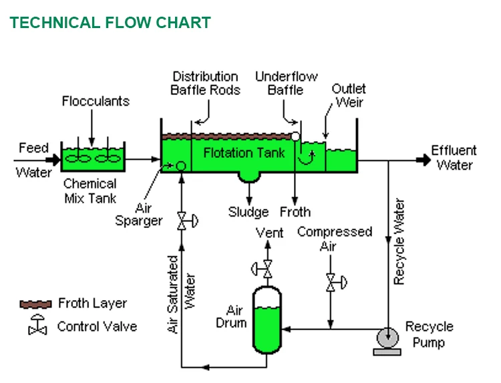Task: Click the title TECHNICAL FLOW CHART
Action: pyautogui.click(x=110, y=22)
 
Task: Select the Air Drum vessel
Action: pyautogui.click(x=267, y=320)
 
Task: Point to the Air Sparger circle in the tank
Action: pyautogui.click(x=180, y=165)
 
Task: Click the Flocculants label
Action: pyautogui.click(x=96, y=102)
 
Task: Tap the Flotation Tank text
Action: pyautogui.click(x=244, y=152)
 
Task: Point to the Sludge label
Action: pyautogui.click(x=248, y=213)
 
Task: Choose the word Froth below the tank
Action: pyautogui.click(x=295, y=213)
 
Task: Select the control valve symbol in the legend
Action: pyautogui.click(x=37, y=326)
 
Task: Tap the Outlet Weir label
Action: pyautogui.click(x=349, y=96)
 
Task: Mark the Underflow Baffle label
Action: pyautogui.click(x=285, y=83)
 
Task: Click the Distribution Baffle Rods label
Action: pyautogui.click(x=205, y=83)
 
